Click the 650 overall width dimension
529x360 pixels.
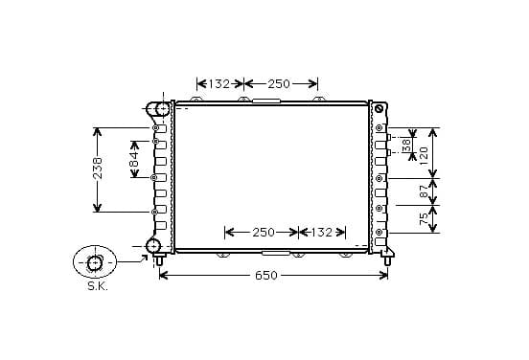[x=266, y=276]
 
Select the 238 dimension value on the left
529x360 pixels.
[x=98, y=169]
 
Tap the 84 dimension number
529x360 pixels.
[x=134, y=159]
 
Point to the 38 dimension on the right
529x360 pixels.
[x=407, y=145]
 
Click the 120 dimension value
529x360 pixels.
[x=424, y=155]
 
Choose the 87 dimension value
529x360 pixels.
[x=424, y=191]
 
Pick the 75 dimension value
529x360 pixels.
[x=424, y=218]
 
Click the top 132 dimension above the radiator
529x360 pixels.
[x=218, y=84]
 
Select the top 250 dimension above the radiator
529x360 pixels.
[x=279, y=84]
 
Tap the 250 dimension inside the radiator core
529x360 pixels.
[x=264, y=233]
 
